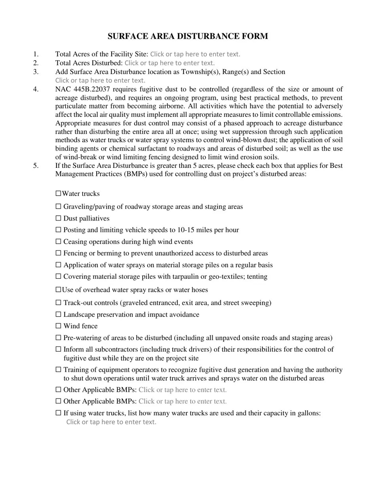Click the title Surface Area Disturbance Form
click(188, 36)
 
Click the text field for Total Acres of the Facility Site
click(195, 54)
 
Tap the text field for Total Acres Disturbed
click(169, 63)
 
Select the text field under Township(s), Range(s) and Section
click(100, 80)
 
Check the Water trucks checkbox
click(59, 194)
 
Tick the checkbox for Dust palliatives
click(59, 218)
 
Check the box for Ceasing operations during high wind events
click(59, 242)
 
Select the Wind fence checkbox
click(59, 326)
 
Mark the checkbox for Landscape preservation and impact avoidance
click(59, 314)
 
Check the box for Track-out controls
click(59, 303)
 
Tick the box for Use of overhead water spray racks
click(59, 290)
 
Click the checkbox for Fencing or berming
click(59, 253)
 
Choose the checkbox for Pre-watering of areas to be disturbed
click(59, 338)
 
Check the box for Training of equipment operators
click(59, 369)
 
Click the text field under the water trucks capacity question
click(111, 422)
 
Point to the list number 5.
click(36, 166)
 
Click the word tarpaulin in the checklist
click(184, 277)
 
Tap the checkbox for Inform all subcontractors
click(59, 349)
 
